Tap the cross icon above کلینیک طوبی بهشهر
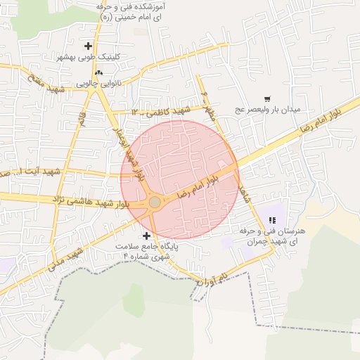pyautogui.click(x=88, y=46)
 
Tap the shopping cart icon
pyautogui.click(x=267, y=99)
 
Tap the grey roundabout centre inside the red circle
pyautogui.click(x=155, y=202)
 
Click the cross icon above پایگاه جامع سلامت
pyautogui.click(x=146, y=236)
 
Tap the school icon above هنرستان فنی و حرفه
pyautogui.click(x=272, y=221)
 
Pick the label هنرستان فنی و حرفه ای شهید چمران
pyautogui.click(x=273, y=236)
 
